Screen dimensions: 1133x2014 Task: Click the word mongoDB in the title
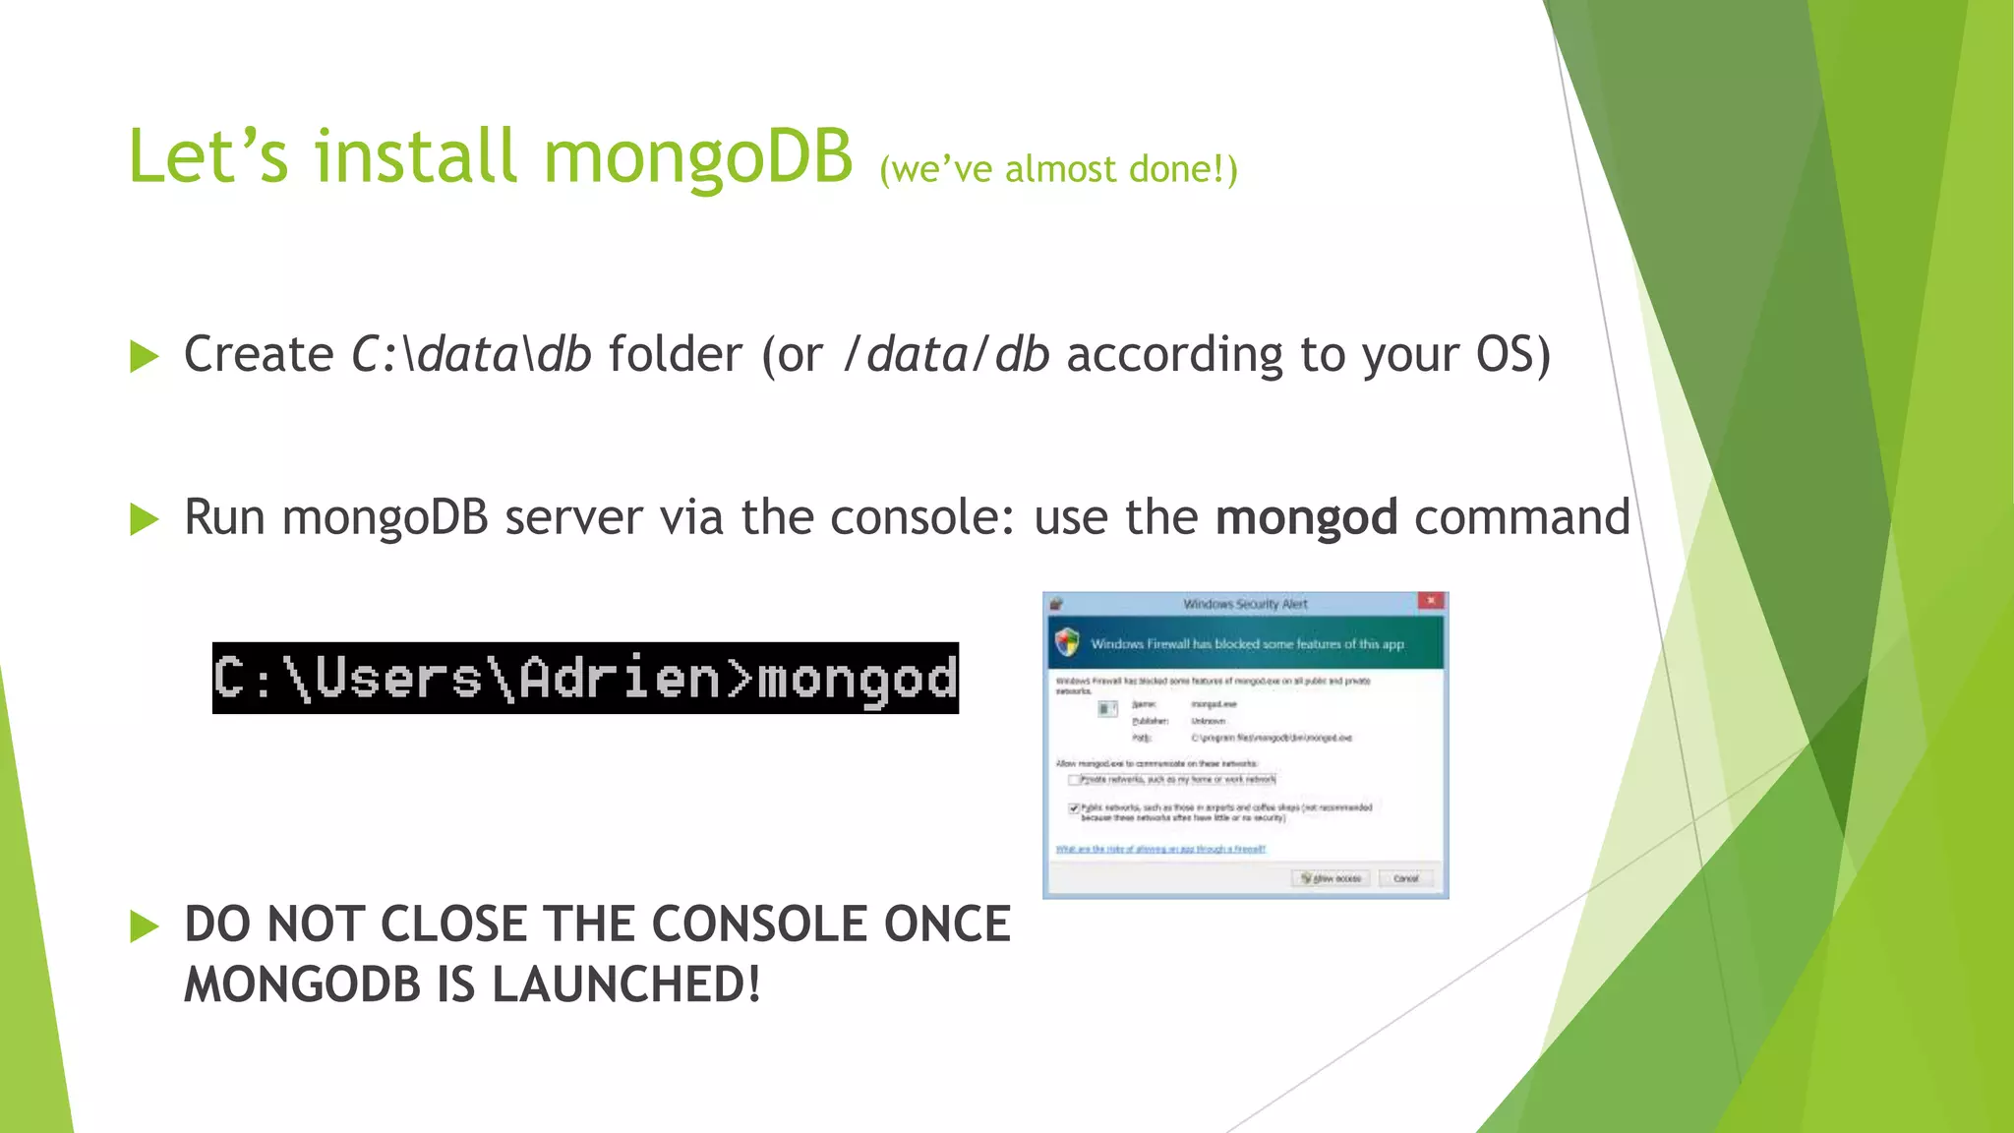(x=697, y=157)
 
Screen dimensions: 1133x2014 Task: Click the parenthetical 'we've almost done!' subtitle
(x=1058, y=170)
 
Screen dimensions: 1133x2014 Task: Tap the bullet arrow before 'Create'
(x=144, y=357)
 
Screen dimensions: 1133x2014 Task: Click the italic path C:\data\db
(x=471, y=355)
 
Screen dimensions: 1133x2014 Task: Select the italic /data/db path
(x=947, y=355)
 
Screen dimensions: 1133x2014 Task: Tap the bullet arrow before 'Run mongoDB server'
(x=144, y=519)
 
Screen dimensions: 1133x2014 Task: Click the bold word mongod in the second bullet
(x=1306, y=518)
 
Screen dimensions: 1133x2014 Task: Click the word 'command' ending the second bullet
(x=1521, y=518)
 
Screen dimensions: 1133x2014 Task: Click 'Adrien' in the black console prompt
(x=619, y=679)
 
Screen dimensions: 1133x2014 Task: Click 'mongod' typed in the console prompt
(x=857, y=679)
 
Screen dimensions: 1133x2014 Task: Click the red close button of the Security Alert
(x=1431, y=601)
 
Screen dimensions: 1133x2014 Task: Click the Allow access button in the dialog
(x=1332, y=878)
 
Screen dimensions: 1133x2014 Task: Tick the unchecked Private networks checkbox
(x=1074, y=780)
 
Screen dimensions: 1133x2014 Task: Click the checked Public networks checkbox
(x=1074, y=808)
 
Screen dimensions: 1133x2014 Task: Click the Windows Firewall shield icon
(x=1067, y=643)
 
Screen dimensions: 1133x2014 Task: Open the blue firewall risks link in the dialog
(x=1159, y=849)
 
